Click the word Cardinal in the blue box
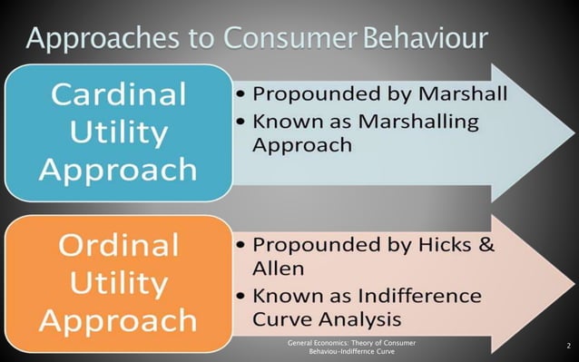(118, 94)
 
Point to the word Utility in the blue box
(118, 132)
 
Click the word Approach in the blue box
(118, 169)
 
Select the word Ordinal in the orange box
(118, 246)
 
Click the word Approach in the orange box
(118, 319)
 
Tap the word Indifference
(418, 297)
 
